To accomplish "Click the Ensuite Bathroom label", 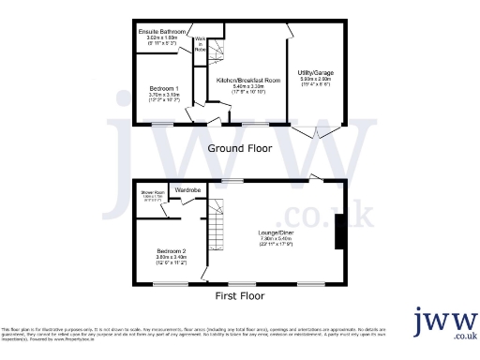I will point(163,32).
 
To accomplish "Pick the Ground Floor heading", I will point(240,148).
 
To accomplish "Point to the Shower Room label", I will point(153,192).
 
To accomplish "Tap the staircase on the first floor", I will point(217,226).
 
